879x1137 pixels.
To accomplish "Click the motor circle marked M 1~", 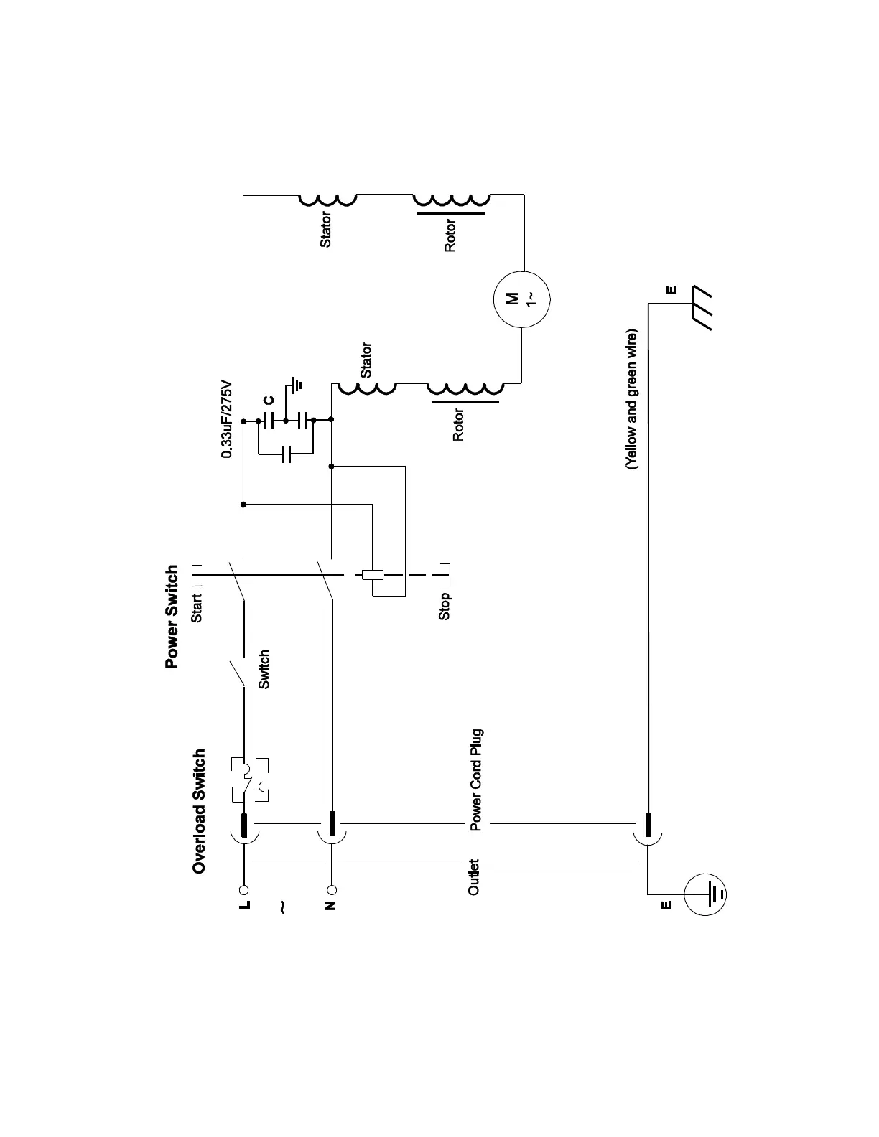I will pos(521,299).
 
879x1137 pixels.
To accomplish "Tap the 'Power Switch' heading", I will pos(172,617).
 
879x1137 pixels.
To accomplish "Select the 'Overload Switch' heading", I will pos(199,811).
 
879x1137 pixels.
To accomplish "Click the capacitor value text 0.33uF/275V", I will pos(227,419).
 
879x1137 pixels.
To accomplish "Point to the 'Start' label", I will pos(197,607).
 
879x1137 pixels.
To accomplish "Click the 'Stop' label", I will pos(445,607).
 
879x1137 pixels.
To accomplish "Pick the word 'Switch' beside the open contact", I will pos(264,670).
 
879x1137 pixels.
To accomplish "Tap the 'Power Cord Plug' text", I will pos(476,780).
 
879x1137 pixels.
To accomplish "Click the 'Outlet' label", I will pos(473,876).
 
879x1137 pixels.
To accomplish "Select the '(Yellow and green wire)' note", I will pos(631,400).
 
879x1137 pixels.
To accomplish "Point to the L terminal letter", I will pos(245,904).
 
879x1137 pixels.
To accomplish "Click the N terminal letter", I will pos(331,904).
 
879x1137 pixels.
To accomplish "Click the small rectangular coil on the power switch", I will pos(373,574).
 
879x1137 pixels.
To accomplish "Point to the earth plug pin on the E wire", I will pos(648,825).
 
